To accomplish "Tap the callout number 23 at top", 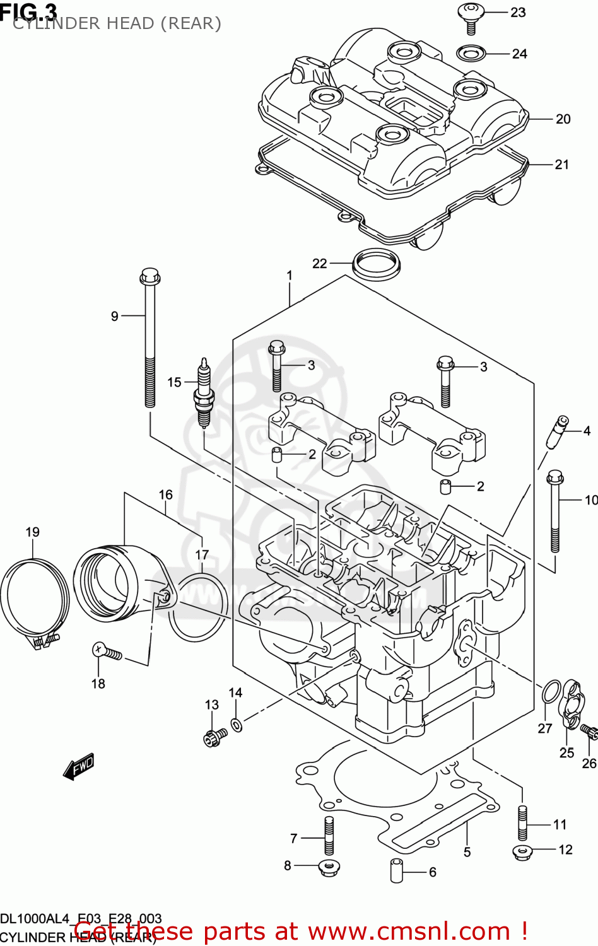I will (x=518, y=13).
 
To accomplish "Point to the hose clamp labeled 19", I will (x=34, y=599).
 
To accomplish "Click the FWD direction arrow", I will (x=79, y=766).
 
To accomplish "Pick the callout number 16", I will (x=165, y=494).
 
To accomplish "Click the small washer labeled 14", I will (x=237, y=725).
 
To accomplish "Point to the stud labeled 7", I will (x=329, y=835).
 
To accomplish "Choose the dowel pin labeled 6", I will (x=396, y=870).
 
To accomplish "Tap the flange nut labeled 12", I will (x=524, y=851).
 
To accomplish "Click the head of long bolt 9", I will (x=149, y=277).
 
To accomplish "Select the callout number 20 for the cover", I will (x=563, y=119).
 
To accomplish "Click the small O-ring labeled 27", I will (x=551, y=692).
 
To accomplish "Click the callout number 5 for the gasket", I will (x=467, y=852).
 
